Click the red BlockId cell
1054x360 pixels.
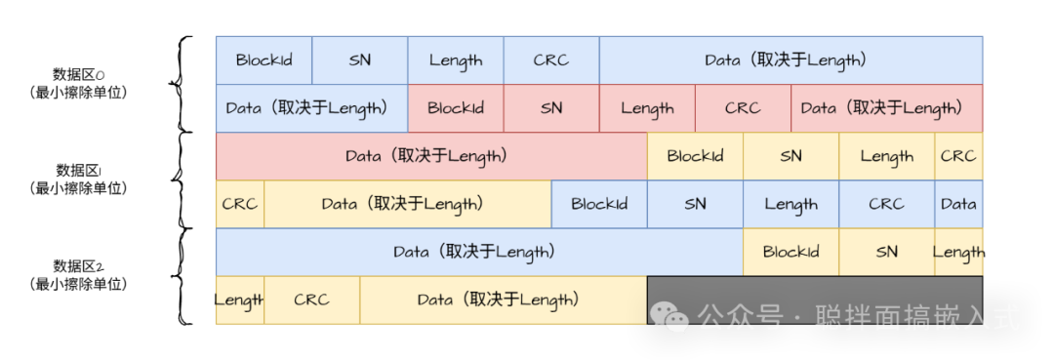(456, 108)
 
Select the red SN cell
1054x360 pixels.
(551, 108)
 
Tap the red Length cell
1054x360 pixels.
(647, 108)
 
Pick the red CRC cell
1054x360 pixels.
(743, 108)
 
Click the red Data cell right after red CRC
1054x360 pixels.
(886, 108)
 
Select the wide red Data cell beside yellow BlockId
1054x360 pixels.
(430, 156)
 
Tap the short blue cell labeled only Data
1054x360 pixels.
(958, 204)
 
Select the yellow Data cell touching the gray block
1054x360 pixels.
(503, 300)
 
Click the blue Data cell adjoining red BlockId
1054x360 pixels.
(311, 108)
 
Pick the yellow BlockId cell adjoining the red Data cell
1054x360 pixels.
(695, 156)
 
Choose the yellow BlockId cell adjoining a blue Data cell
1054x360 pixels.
(790, 252)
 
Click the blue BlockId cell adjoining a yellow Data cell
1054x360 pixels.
(599, 204)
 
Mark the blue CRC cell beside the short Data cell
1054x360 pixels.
(886, 204)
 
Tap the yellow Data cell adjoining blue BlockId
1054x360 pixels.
(407, 204)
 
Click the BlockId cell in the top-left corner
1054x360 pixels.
(263, 60)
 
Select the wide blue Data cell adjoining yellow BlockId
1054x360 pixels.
(478, 252)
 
